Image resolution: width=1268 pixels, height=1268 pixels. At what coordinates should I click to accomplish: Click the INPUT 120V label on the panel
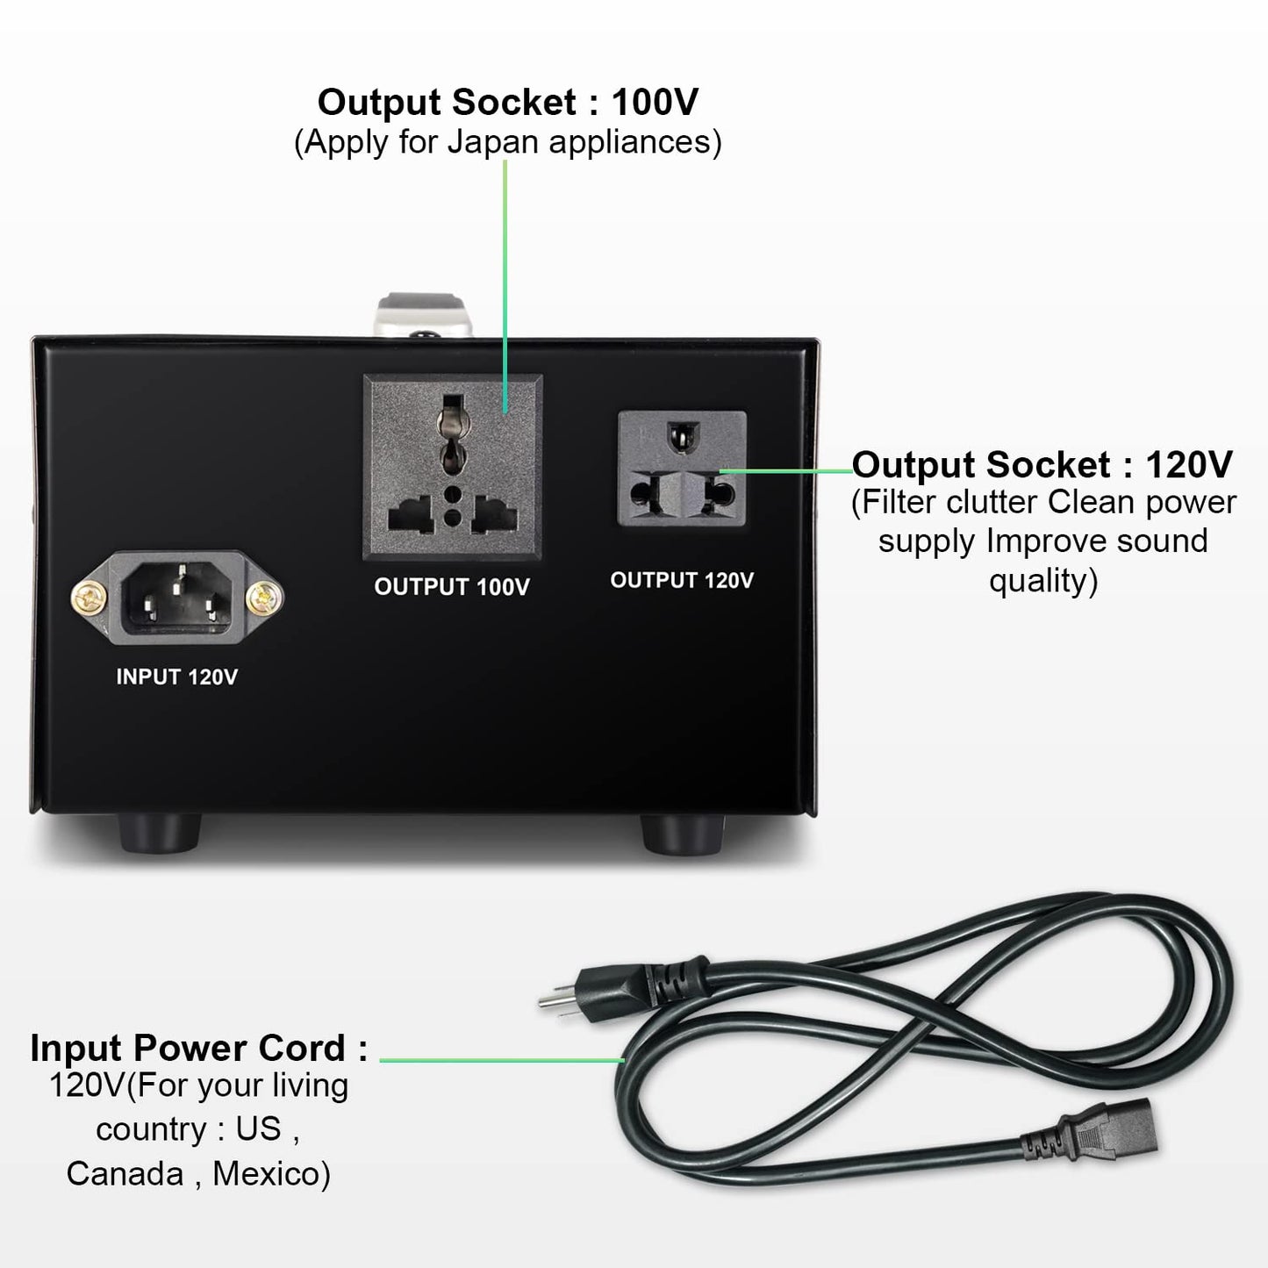pyautogui.click(x=176, y=677)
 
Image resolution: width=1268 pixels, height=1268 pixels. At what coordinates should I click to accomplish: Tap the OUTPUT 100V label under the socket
pyautogui.click(x=452, y=587)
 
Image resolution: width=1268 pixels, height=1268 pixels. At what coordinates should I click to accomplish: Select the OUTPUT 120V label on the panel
pyautogui.click(x=682, y=580)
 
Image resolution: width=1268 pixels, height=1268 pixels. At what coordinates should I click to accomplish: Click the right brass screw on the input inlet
pyautogui.click(x=262, y=599)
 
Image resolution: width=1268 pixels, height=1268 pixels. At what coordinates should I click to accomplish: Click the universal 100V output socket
pyautogui.click(x=452, y=467)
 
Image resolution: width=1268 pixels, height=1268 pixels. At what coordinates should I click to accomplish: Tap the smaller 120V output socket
pyautogui.click(x=682, y=469)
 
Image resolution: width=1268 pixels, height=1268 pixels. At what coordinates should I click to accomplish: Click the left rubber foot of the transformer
pyautogui.click(x=159, y=833)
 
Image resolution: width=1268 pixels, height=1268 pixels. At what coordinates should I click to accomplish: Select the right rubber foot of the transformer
pyautogui.click(x=682, y=834)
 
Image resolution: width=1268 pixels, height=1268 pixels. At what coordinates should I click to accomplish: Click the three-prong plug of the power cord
pyautogui.click(x=614, y=983)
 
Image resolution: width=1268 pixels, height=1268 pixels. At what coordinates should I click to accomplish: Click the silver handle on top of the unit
pyautogui.click(x=426, y=316)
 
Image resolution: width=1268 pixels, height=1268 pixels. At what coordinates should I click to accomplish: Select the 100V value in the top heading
pyautogui.click(x=655, y=103)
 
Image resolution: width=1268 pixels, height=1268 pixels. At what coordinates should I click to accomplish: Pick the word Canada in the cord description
pyautogui.click(x=125, y=1173)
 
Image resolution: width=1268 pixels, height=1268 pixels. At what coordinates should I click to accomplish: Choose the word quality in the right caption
pyautogui.click(x=1042, y=580)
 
